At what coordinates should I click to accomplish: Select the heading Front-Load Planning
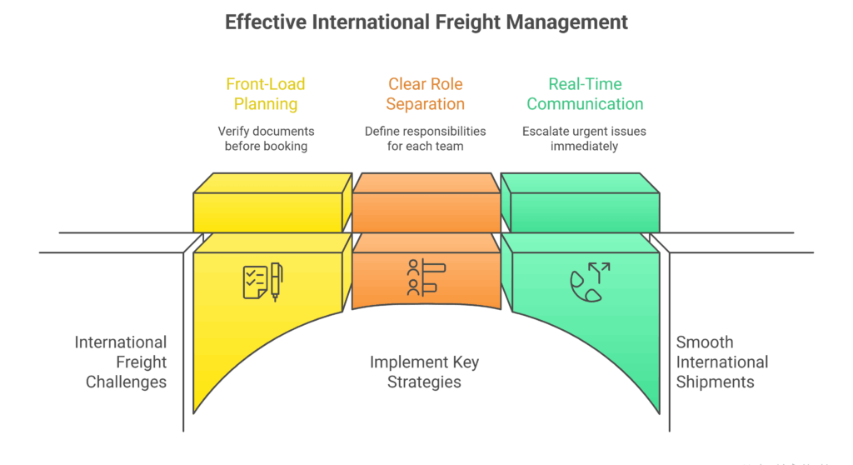266,94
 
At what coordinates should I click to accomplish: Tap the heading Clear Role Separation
426,94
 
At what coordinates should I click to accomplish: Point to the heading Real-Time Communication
585,94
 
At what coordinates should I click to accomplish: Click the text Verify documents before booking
266,138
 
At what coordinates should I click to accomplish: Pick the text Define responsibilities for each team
426,138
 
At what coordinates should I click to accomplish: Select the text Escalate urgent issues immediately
584,138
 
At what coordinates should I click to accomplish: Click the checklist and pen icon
262,282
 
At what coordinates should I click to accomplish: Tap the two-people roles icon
426,277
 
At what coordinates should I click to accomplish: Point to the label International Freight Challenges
121,362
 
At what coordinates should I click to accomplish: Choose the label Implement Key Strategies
425,372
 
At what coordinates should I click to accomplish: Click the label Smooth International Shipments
721,362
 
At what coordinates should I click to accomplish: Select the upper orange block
426,204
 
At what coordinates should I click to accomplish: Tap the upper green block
583,204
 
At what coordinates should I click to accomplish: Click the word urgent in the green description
583,131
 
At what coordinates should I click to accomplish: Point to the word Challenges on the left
127,382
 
